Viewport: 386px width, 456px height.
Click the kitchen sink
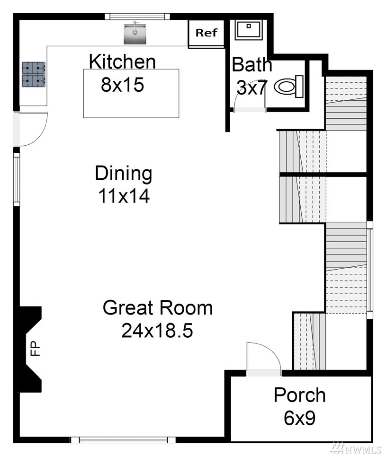point(135,34)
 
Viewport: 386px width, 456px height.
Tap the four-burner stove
point(34,74)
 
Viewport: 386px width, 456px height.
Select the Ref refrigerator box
point(206,33)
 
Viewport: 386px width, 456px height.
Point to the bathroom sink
point(249,29)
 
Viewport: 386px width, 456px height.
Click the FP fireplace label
point(35,349)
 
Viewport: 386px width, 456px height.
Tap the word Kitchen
point(122,61)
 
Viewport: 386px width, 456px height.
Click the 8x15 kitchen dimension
point(123,85)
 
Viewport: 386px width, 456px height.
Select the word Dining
point(124,173)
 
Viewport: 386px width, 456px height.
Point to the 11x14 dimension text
point(124,196)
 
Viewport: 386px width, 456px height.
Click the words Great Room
point(158,307)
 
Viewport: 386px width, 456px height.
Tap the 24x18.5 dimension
point(157,330)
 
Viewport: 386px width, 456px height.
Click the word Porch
point(299,395)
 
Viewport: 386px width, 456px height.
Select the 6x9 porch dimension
point(299,418)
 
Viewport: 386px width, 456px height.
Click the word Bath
point(252,64)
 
